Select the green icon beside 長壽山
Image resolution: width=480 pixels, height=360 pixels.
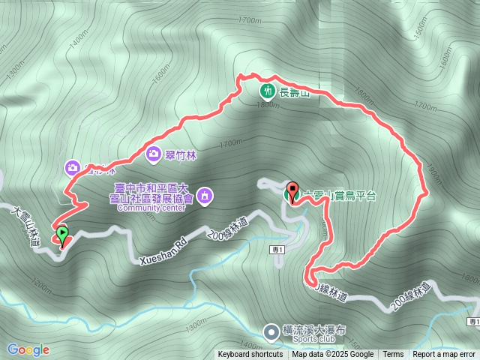coord(267,91)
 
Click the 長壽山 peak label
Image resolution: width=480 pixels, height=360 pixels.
coord(294,92)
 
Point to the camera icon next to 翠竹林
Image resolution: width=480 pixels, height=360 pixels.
coord(153,154)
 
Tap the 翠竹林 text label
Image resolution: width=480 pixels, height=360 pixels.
coord(180,154)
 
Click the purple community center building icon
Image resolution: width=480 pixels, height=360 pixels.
coord(205,197)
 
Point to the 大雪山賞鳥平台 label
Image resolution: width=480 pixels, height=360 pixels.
coord(334,193)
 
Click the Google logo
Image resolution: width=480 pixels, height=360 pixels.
coord(28,349)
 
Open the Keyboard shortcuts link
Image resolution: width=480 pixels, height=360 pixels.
coord(251,355)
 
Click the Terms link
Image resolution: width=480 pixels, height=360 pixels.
coord(393,355)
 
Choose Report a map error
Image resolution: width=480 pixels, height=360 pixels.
coord(444,355)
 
